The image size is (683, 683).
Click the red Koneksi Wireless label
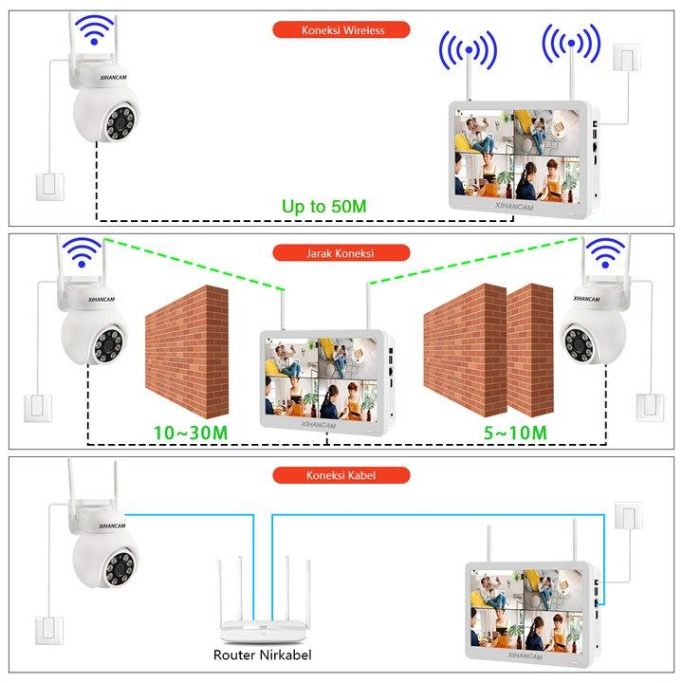pos(341,29)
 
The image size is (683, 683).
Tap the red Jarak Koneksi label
pos(341,253)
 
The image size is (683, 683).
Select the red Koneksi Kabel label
pos(341,475)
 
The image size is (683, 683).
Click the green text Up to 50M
pos(323,206)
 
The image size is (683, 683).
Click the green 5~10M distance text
pos(514,433)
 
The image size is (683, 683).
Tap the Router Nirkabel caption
pos(263,655)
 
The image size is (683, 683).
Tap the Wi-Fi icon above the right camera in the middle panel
pos(605,252)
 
